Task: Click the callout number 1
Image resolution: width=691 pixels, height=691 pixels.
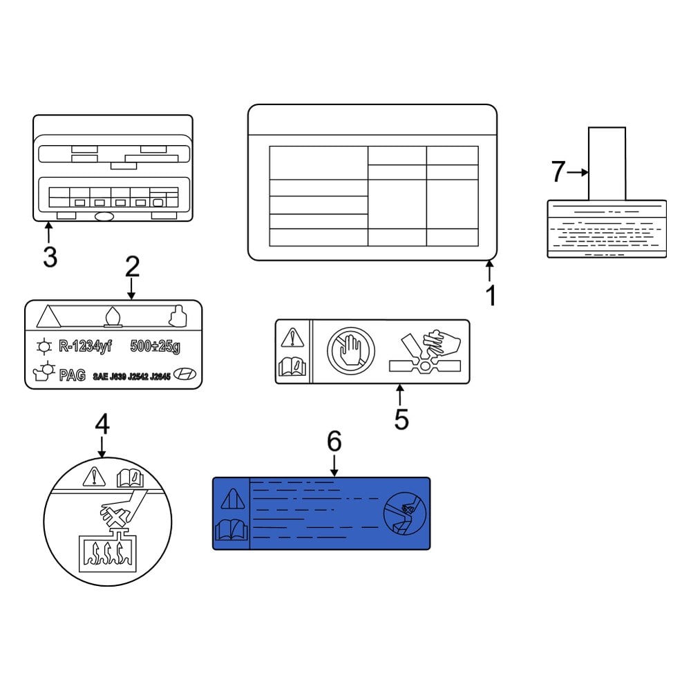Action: coord(491,296)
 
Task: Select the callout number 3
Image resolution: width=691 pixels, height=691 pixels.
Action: coord(49,257)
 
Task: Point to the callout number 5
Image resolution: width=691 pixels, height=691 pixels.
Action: coord(401,418)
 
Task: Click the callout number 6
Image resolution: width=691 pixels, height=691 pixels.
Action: coord(334,440)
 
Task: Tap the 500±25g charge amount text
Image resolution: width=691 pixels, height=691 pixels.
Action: coord(158,345)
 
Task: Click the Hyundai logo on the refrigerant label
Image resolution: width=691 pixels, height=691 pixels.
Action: coord(184,375)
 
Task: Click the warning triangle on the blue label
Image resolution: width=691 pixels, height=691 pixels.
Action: coord(231,498)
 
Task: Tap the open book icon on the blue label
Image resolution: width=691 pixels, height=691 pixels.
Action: coord(231,530)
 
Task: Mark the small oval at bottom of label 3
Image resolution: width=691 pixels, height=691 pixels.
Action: coord(104,216)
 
